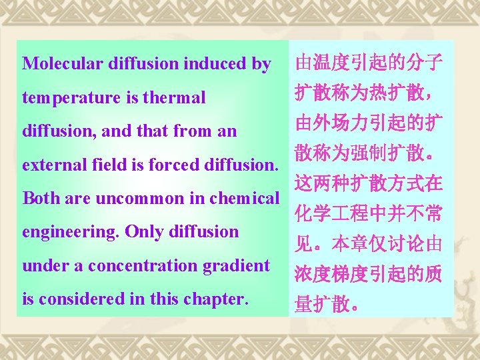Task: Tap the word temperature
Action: (71, 98)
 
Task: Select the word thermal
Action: (176, 98)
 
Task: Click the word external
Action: (49, 164)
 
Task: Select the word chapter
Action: (214, 299)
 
